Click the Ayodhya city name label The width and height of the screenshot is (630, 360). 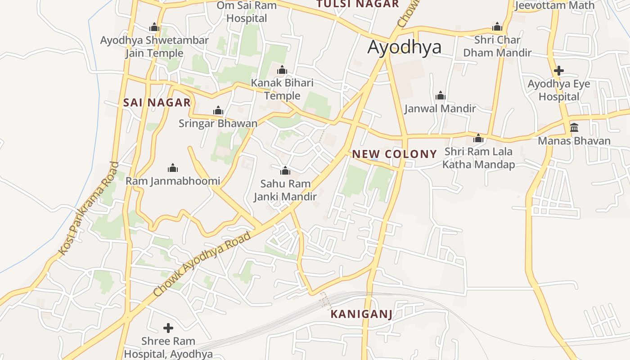404,47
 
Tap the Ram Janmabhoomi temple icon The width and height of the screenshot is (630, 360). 173,168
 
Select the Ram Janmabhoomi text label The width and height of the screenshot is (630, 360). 173,181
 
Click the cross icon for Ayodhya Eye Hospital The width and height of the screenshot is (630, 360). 559,71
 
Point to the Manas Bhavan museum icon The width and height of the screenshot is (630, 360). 574,128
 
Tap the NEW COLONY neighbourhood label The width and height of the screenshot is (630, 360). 394,154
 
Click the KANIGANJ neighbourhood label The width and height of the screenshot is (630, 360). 361,314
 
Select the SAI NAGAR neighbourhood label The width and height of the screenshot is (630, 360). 157,103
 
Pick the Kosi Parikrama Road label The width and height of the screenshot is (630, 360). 89,209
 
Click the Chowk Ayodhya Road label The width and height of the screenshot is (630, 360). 202,264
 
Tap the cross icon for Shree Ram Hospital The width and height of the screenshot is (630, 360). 168,328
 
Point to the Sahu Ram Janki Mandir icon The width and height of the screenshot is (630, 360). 285,171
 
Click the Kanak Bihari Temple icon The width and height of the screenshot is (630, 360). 282,70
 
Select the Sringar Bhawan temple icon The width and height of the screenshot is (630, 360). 218,110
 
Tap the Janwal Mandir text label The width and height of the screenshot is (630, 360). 440,108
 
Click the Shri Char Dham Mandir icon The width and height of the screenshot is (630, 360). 497,27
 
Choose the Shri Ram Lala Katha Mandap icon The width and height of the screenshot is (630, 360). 478,138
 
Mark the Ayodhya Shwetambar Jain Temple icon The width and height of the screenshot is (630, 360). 154,27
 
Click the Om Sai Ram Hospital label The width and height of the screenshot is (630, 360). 247,12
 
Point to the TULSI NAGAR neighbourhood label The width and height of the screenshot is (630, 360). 357,4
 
